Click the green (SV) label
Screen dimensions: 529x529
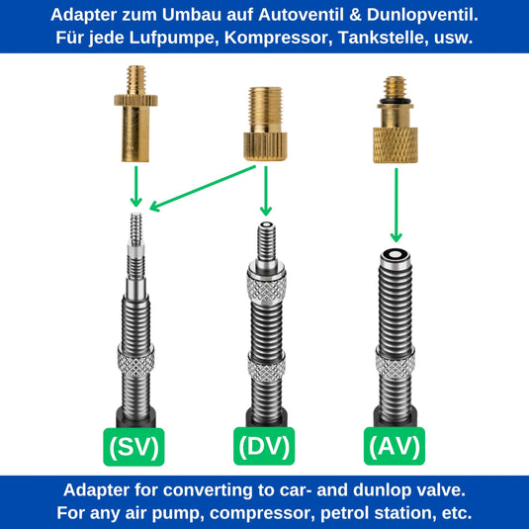click(133, 447)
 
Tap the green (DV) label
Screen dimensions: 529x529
click(264, 446)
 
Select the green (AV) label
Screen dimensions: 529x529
click(395, 446)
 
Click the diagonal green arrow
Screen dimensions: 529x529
click(203, 188)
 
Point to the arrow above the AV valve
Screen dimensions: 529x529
click(397, 205)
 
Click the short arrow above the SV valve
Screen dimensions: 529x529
click(136, 186)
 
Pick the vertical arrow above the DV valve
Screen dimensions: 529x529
click(266, 191)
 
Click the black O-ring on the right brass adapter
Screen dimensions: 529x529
click(396, 101)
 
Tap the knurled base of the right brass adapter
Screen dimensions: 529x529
click(396, 145)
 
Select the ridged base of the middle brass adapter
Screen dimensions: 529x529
click(266, 146)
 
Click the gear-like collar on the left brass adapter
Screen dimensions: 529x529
click(135, 100)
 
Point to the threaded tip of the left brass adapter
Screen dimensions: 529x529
click(136, 80)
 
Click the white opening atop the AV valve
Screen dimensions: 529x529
click(396, 254)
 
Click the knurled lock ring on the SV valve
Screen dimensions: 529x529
click(136, 360)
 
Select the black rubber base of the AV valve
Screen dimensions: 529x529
click(396, 417)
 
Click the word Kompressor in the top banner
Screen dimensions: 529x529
click(276, 38)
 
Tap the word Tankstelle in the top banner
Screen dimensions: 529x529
click(382, 38)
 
